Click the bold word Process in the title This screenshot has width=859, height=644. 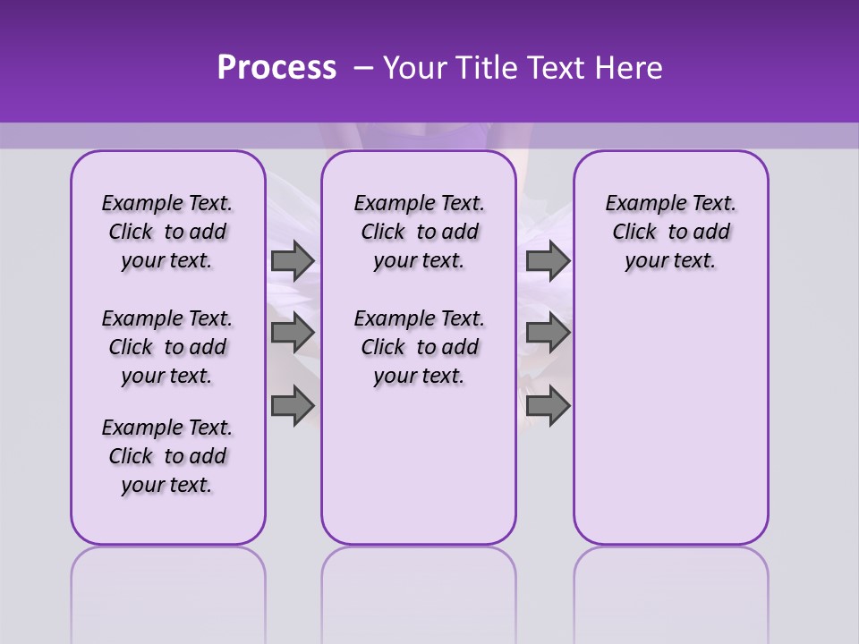pos(276,68)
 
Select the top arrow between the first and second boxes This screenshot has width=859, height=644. pos(293,260)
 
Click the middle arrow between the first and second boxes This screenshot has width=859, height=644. pos(293,333)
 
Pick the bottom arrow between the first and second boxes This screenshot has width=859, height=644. pos(293,406)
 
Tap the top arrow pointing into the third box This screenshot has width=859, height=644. pos(548,260)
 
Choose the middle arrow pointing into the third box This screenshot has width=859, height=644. pos(548,333)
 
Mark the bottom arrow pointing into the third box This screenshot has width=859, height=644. pos(548,406)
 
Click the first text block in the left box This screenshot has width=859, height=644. pos(167,232)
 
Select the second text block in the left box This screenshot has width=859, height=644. pos(167,347)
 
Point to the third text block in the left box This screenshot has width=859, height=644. pos(167,456)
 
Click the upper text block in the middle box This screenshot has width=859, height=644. pos(419,232)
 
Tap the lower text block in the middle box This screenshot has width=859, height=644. pos(419,347)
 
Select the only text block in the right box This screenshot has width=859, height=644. pos(670,232)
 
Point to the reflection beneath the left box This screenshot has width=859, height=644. pos(168,581)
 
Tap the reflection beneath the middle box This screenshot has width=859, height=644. pos(419,581)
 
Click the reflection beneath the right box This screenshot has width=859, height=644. pos(670,581)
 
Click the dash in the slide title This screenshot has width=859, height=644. pos(363,68)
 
